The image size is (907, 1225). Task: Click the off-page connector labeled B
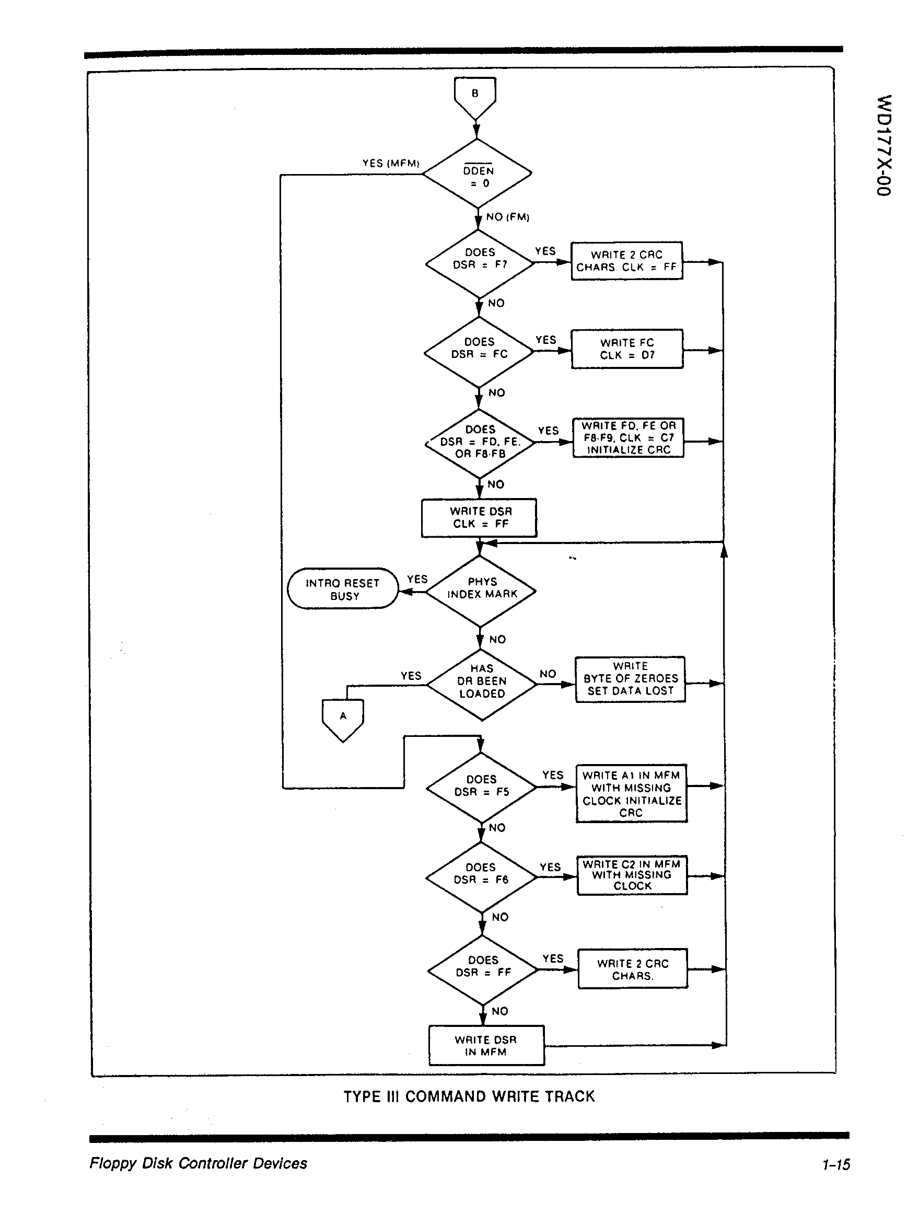point(475,97)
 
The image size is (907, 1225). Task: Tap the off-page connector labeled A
point(343,718)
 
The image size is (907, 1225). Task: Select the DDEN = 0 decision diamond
point(478,174)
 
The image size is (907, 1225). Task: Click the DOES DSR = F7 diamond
point(479,263)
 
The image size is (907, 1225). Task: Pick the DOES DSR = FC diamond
point(479,352)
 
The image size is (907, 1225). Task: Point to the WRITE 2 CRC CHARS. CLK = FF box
point(626,261)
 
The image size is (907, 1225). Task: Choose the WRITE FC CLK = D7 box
point(627,349)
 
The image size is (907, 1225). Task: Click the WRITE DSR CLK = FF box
point(479,517)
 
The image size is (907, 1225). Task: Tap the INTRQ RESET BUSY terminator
point(343,588)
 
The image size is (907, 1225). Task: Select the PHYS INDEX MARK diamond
point(481,592)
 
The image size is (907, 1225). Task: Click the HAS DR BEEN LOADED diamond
point(482,684)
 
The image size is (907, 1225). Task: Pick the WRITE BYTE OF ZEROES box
point(630,679)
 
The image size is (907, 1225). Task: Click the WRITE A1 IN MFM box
point(631,793)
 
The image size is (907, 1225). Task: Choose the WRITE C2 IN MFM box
point(632,875)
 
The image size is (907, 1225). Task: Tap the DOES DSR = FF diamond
point(483,970)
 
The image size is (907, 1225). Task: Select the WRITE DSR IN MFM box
point(486,1045)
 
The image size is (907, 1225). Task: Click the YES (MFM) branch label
point(390,163)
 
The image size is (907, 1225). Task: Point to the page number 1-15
point(835,1164)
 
